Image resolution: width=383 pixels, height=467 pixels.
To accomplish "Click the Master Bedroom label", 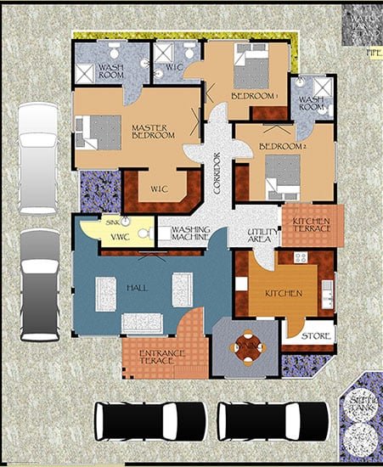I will [152, 133].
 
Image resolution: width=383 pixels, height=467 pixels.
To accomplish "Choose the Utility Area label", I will [258, 236].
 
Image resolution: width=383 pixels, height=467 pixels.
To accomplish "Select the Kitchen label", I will [284, 293].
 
